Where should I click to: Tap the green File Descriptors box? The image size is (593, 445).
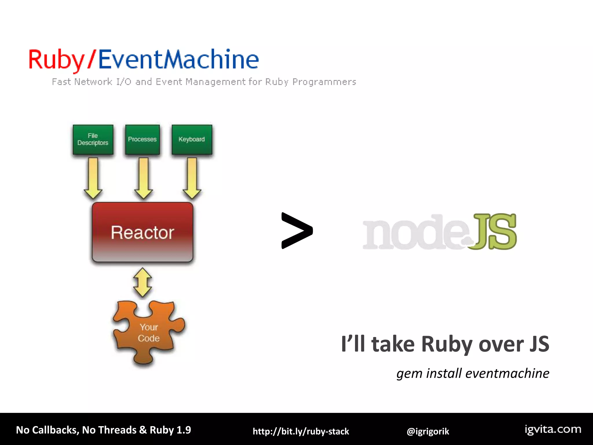point(93,139)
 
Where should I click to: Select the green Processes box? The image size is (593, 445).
point(142,139)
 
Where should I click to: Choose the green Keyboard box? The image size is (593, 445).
point(192,139)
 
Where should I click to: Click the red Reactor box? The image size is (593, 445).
point(142,232)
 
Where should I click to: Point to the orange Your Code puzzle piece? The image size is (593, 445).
point(148,333)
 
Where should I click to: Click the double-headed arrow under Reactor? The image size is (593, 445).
point(142,282)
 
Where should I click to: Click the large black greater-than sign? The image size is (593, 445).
point(297,231)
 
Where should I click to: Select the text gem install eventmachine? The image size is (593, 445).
point(473,373)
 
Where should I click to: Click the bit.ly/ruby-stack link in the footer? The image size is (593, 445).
point(301,431)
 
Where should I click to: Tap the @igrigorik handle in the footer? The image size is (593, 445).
point(428,431)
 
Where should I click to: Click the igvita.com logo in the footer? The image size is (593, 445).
point(553,429)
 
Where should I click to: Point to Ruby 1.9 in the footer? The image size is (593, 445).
point(170,430)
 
